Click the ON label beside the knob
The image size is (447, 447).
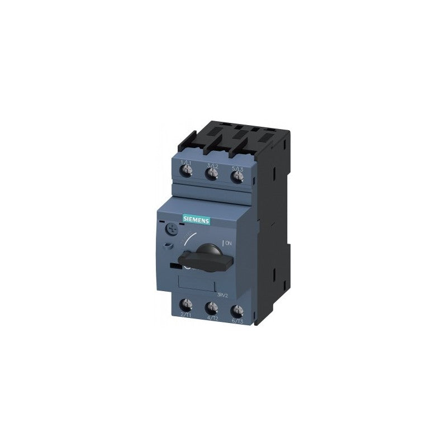[x=229, y=242]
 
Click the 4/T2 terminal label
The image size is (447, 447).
[x=211, y=318]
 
